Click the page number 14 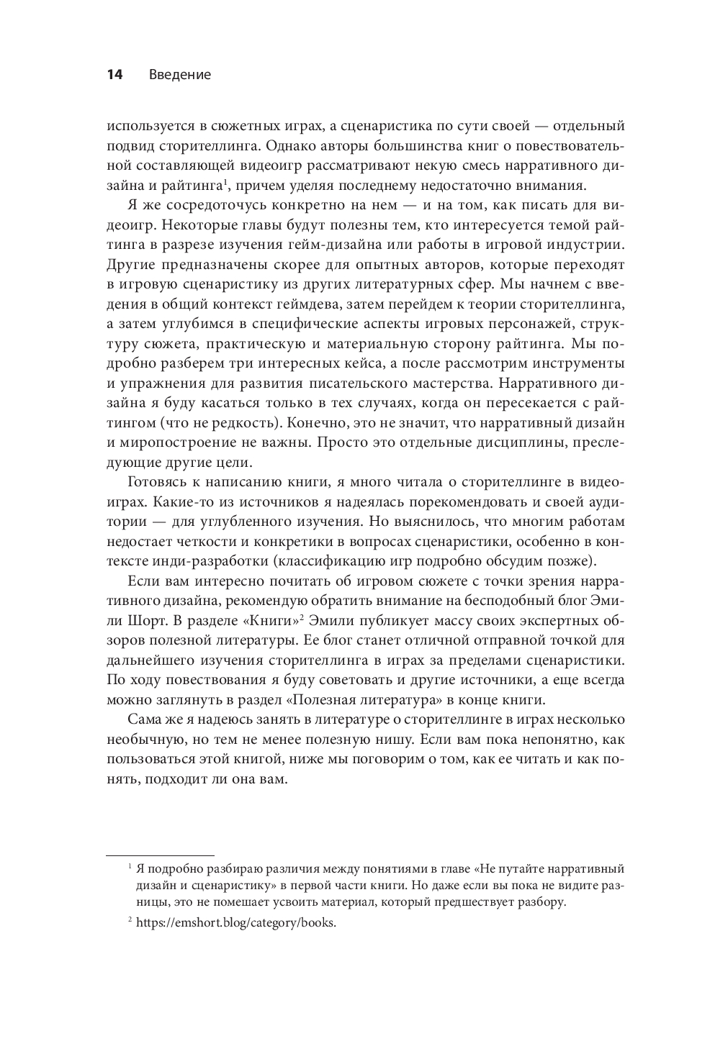tap(115, 75)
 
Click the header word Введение tap(180, 75)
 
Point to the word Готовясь tap(157, 481)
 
